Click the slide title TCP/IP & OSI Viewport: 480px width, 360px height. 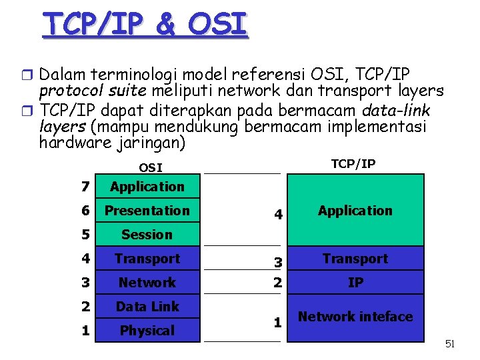point(145,25)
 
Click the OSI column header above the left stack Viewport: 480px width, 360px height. point(150,167)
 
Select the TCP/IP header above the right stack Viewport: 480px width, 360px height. point(353,164)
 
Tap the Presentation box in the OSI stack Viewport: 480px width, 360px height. point(147,211)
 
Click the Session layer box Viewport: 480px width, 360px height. point(147,235)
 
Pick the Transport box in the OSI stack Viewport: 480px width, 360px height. point(147,259)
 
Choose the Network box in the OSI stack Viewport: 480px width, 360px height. point(147,283)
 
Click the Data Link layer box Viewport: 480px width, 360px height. point(147,307)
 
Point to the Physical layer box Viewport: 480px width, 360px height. point(147,331)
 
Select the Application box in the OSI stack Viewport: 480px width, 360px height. point(147,187)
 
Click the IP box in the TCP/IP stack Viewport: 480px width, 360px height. point(355,283)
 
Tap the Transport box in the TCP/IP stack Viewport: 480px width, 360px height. point(355,259)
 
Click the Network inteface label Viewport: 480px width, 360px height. point(355,317)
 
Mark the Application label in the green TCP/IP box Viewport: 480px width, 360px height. point(355,211)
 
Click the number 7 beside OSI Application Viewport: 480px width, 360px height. point(85,187)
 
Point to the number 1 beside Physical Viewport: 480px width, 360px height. point(85,331)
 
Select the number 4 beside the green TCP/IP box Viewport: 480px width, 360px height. point(278,215)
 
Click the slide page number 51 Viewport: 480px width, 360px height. point(450,344)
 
